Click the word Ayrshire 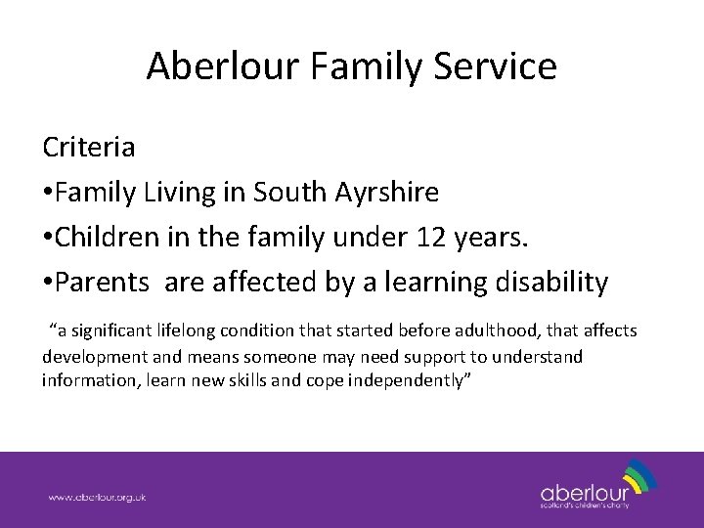click(x=391, y=194)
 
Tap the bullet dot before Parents click(x=47, y=285)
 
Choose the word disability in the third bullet click(x=550, y=283)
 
